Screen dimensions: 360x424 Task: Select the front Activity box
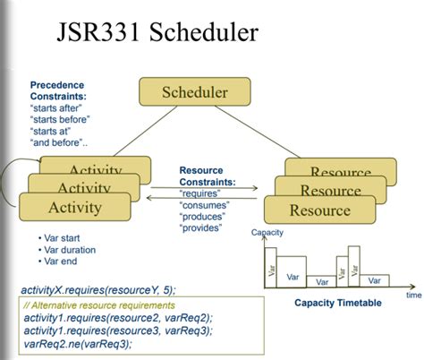pos(75,208)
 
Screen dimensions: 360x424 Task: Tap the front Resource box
pos(318,210)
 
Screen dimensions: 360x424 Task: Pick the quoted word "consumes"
pos(207,205)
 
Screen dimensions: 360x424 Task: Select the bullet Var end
pos(62,262)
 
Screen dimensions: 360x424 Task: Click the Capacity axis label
pos(267,233)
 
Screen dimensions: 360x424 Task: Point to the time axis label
pos(412,294)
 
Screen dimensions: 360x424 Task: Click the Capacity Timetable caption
pos(337,303)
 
